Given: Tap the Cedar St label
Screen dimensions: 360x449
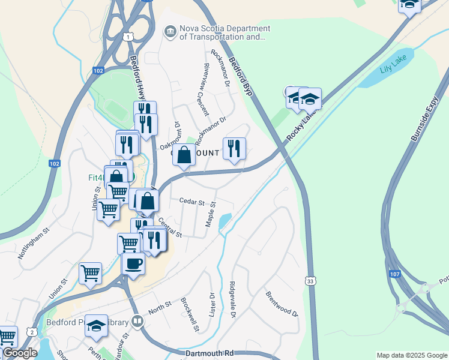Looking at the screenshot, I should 192,202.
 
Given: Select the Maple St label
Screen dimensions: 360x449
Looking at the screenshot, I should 210,213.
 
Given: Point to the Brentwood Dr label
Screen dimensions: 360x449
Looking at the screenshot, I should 282,304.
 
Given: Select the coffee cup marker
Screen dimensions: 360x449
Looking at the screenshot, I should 133,263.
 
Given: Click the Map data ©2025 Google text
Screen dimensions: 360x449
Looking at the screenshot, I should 411,355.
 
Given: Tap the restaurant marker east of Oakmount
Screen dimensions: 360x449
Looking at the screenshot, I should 234,148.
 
